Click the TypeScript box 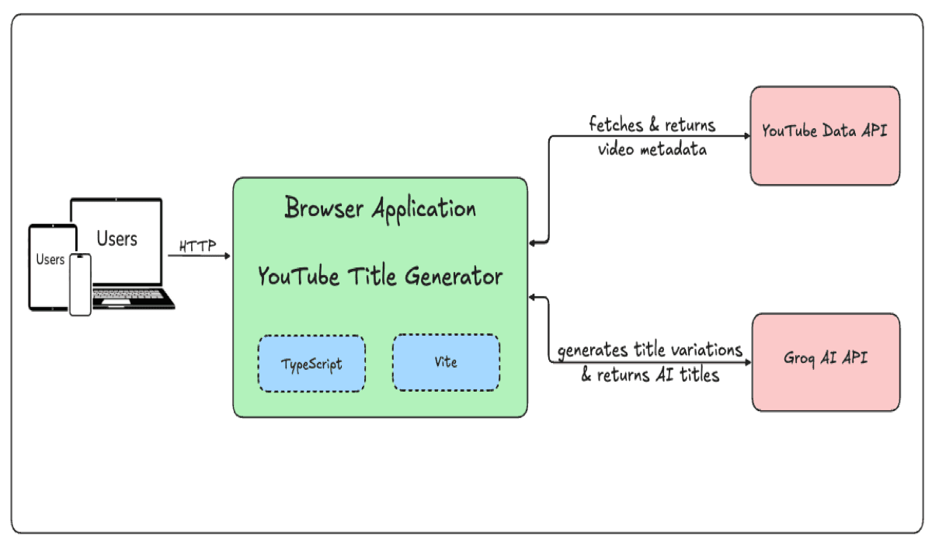point(311,363)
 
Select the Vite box point(446,362)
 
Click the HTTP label point(196,246)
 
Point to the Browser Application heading point(380,208)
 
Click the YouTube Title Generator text point(380,276)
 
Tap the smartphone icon point(80,284)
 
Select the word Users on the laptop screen point(116,239)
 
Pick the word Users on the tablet point(50,260)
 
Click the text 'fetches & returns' point(652,124)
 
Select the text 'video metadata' point(652,149)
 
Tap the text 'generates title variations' point(651,350)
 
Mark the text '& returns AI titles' point(651,375)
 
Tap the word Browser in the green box point(325,208)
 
